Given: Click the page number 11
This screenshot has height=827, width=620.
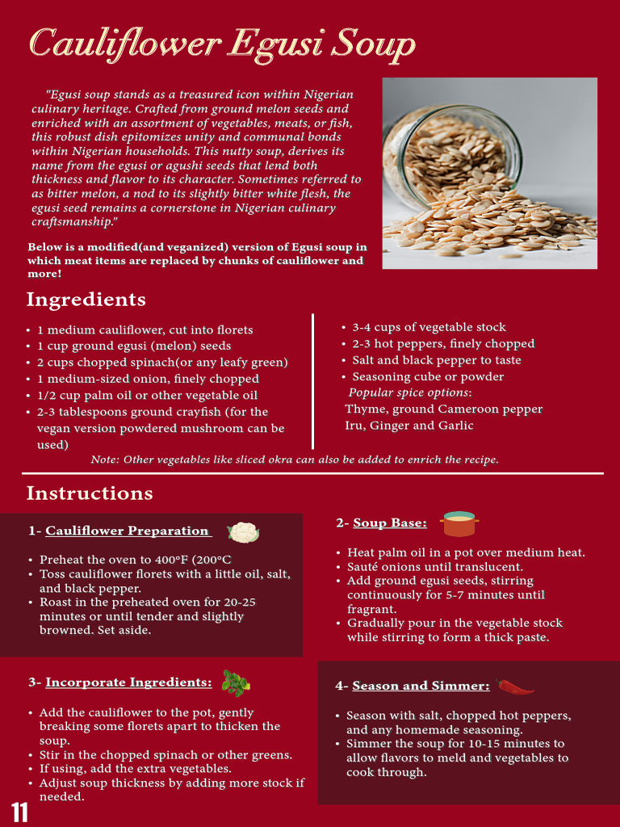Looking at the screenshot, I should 20,812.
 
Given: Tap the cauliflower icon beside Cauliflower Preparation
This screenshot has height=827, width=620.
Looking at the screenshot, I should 243,532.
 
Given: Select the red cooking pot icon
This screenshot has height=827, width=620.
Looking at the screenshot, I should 459,524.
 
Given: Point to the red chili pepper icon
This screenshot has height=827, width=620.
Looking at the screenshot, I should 516,686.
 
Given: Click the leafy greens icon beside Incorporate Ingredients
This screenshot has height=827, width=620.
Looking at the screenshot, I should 235,683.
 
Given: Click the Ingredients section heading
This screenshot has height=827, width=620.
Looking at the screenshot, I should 86,300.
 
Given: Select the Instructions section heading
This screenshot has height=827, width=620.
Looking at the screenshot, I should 90,493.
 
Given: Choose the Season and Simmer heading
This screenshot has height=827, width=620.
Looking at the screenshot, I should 413,686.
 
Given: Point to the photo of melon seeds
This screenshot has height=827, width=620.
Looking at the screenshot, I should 489,173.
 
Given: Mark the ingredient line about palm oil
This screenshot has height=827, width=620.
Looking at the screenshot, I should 148,395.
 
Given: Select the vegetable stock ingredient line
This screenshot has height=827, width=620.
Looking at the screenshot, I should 429,327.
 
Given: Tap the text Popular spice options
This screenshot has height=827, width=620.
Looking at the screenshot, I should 409,393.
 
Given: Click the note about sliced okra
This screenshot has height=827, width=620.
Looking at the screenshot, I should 295,460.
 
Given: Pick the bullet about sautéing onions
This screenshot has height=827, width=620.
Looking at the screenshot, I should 436,567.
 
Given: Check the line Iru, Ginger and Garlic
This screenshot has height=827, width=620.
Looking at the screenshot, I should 409,426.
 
